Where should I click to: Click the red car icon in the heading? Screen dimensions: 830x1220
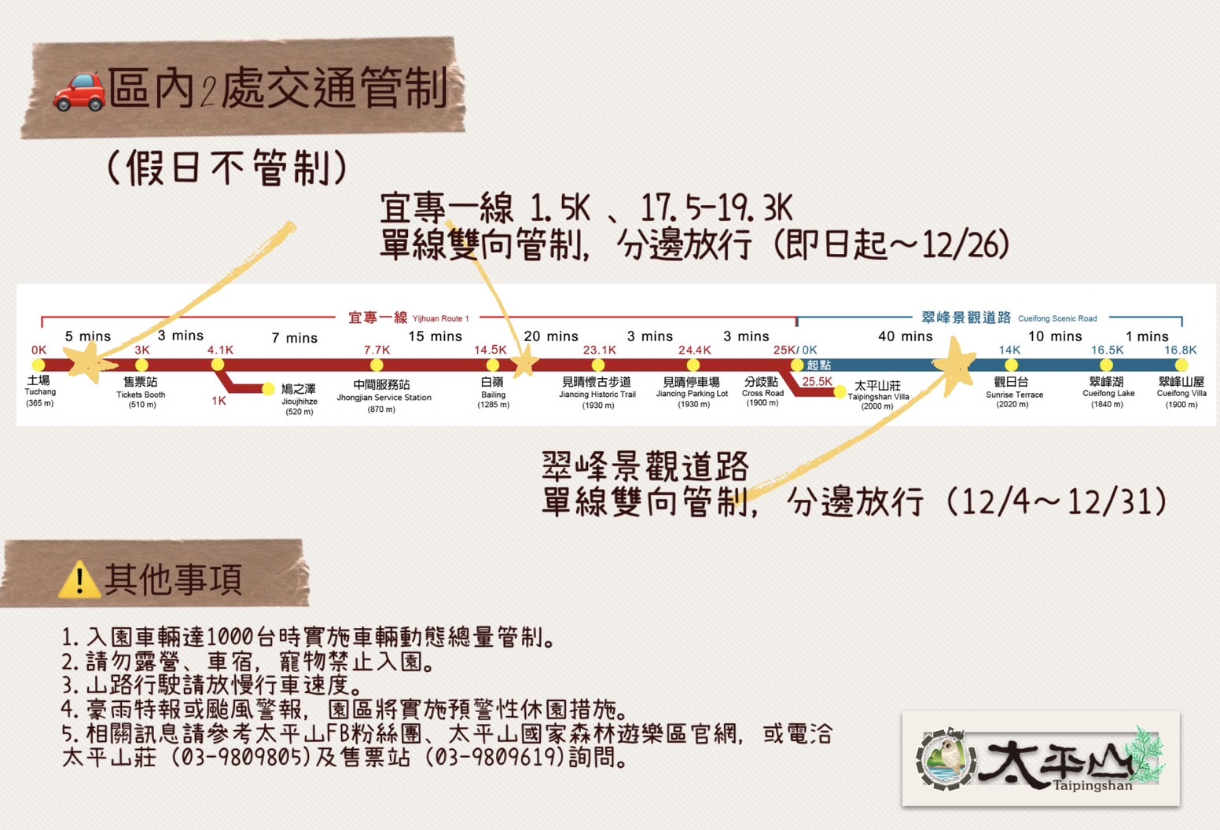[79, 91]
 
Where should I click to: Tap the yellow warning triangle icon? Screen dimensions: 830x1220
[79, 580]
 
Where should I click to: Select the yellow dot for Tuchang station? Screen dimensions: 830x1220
[39, 365]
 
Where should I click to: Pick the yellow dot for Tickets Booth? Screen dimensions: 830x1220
[141, 365]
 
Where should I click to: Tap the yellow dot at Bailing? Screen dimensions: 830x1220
[493, 365]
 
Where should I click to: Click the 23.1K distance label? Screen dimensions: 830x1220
[599, 350]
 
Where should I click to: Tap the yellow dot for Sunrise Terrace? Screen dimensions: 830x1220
[1011, 365]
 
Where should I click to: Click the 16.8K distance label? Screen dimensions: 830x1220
[1180, 350]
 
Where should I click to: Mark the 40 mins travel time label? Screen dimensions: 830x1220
[905, 336]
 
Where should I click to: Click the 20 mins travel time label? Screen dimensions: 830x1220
[551, 336]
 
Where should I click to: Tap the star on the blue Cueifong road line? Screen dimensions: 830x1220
[954, 365]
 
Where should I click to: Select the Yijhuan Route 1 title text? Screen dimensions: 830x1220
[409, 318]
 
